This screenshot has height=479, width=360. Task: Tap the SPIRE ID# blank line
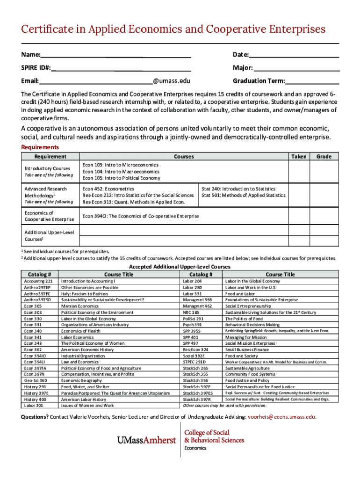121,68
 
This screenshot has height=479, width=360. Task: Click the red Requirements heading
40,147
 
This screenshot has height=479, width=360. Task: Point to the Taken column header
299,157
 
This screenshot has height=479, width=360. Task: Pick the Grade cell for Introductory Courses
324,172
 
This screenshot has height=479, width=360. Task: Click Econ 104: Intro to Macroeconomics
121,172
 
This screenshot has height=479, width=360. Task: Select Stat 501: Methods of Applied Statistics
243,195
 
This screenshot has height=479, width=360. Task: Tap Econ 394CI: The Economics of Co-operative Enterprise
140,216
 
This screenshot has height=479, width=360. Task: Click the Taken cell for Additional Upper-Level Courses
299,235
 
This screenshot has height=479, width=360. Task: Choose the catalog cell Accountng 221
38,281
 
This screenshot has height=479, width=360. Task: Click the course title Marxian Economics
79,306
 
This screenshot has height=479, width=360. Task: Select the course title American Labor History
83,399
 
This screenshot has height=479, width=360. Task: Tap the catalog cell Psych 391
192,325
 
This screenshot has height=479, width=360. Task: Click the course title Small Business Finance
247,349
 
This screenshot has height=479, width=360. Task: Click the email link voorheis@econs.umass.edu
281,417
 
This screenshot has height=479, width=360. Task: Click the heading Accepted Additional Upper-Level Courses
180,267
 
